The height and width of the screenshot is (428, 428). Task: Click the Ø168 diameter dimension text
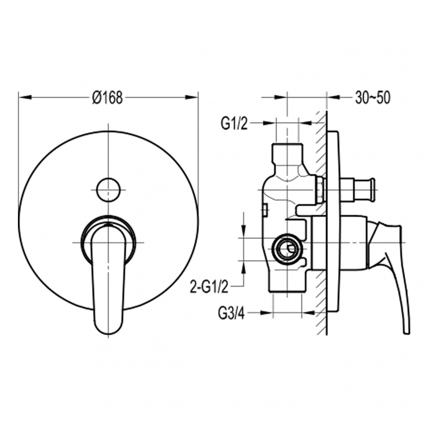[x=107, y=98]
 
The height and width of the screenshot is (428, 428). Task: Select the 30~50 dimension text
[x=373, y=98]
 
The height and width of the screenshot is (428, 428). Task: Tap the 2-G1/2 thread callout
[x=209, y=288]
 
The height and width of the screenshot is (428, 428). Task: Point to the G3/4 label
[x=232, y=314]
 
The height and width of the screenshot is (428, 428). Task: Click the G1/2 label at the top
[x=234, y=124]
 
